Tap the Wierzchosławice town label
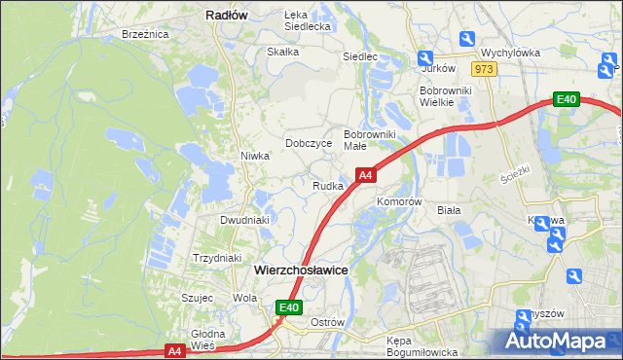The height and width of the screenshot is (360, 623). click(x=301, y=270)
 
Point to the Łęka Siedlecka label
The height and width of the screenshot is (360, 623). click(x=308, y=20)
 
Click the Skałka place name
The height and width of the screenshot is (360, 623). click(x=282, y=52)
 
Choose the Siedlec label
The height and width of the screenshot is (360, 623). click(x=359, y=56)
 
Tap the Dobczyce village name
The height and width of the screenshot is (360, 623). click(x=309, y=143)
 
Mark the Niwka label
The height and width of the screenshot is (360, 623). click(x=255, y=156)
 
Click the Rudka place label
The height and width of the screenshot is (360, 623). click(x=327, y=186)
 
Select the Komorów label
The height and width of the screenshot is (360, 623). click(x=399, y=202)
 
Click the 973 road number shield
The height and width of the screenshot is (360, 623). click(x=484, y=69)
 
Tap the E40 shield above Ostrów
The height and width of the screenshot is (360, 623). click(x=287, y=307)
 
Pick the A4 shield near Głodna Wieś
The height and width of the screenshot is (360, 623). click(x=174, y=350)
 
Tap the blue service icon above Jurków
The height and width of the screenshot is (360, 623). click(x=425, y=57)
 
